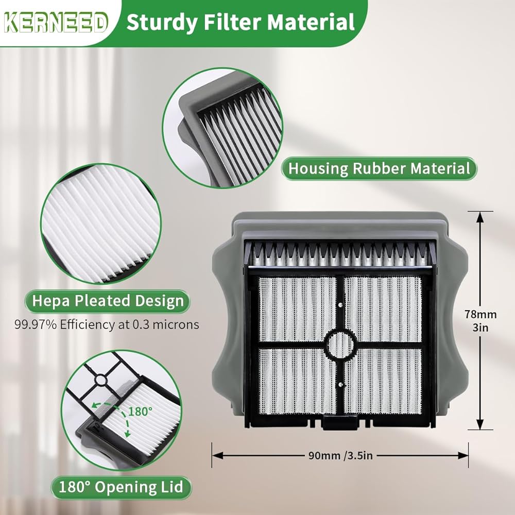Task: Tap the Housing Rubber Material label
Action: (x=379, y=168)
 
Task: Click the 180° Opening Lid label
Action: (x=121, y=487)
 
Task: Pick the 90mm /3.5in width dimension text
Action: (x=340, y=456)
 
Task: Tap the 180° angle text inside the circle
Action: (x=140, y=411)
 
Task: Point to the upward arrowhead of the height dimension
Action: (x=480, y=216)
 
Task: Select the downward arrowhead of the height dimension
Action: (x=480, y=423)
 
